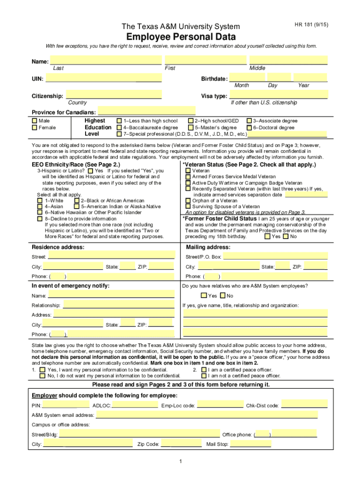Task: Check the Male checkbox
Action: [x=34, y=121]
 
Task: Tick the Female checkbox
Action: [x=34, y=127]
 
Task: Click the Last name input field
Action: [x=106, y=60]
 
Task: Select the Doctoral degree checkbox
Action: [x=249, y=127]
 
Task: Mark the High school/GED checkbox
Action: [x=191, y=121]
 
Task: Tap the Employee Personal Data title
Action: [x=181, y=37]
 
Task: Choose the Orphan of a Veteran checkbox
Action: [x=188, y=200]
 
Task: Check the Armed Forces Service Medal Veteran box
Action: [x=188, y=177]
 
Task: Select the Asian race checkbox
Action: [x=40, y=206]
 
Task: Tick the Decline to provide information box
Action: [x=40, y=218]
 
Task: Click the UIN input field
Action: [x=103, y=79]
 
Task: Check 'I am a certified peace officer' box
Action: [x=204, y=370]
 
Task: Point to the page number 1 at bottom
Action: [x=180, y=462]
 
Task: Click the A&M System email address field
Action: [x=207, y=415]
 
